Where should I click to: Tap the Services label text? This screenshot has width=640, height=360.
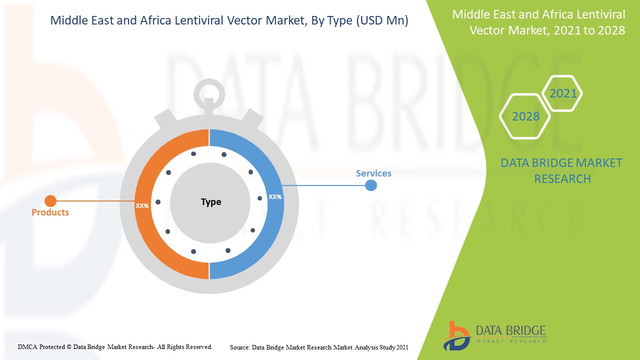pyautogui.click(x=373, y=173)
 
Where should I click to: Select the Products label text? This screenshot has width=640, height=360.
pyautogui.click(x=50, y=212)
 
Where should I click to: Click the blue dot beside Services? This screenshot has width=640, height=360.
pyautogui.click(x=371, y=185)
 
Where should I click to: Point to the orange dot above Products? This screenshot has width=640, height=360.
pyautogui.click(x=50, y=201)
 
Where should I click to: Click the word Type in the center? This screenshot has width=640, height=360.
pyautogui.click(x=211, y=202)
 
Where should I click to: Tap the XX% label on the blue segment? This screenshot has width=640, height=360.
pyautogui.click(x=275, y=197)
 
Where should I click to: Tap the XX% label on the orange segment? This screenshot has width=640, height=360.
pyautogui.click(x=142, y=205)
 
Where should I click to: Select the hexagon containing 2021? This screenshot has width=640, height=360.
pyautogui.click(x=563, y=93)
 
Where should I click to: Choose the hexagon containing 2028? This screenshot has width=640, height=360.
pyautogui.click(x=525, y=116)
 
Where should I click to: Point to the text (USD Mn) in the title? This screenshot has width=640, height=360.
pyautogui.click(x=383, y=21)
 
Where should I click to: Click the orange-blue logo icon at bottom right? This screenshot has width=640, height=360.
pyautogui.click(x=456, y=335)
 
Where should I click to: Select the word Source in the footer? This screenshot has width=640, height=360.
pyautogui.click(x=239, y=347)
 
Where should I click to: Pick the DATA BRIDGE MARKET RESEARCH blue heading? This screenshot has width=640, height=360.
pyautogui.click(x=561, y=170)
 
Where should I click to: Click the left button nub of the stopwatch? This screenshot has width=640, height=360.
pyautogui.click(x=165, y=120)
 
